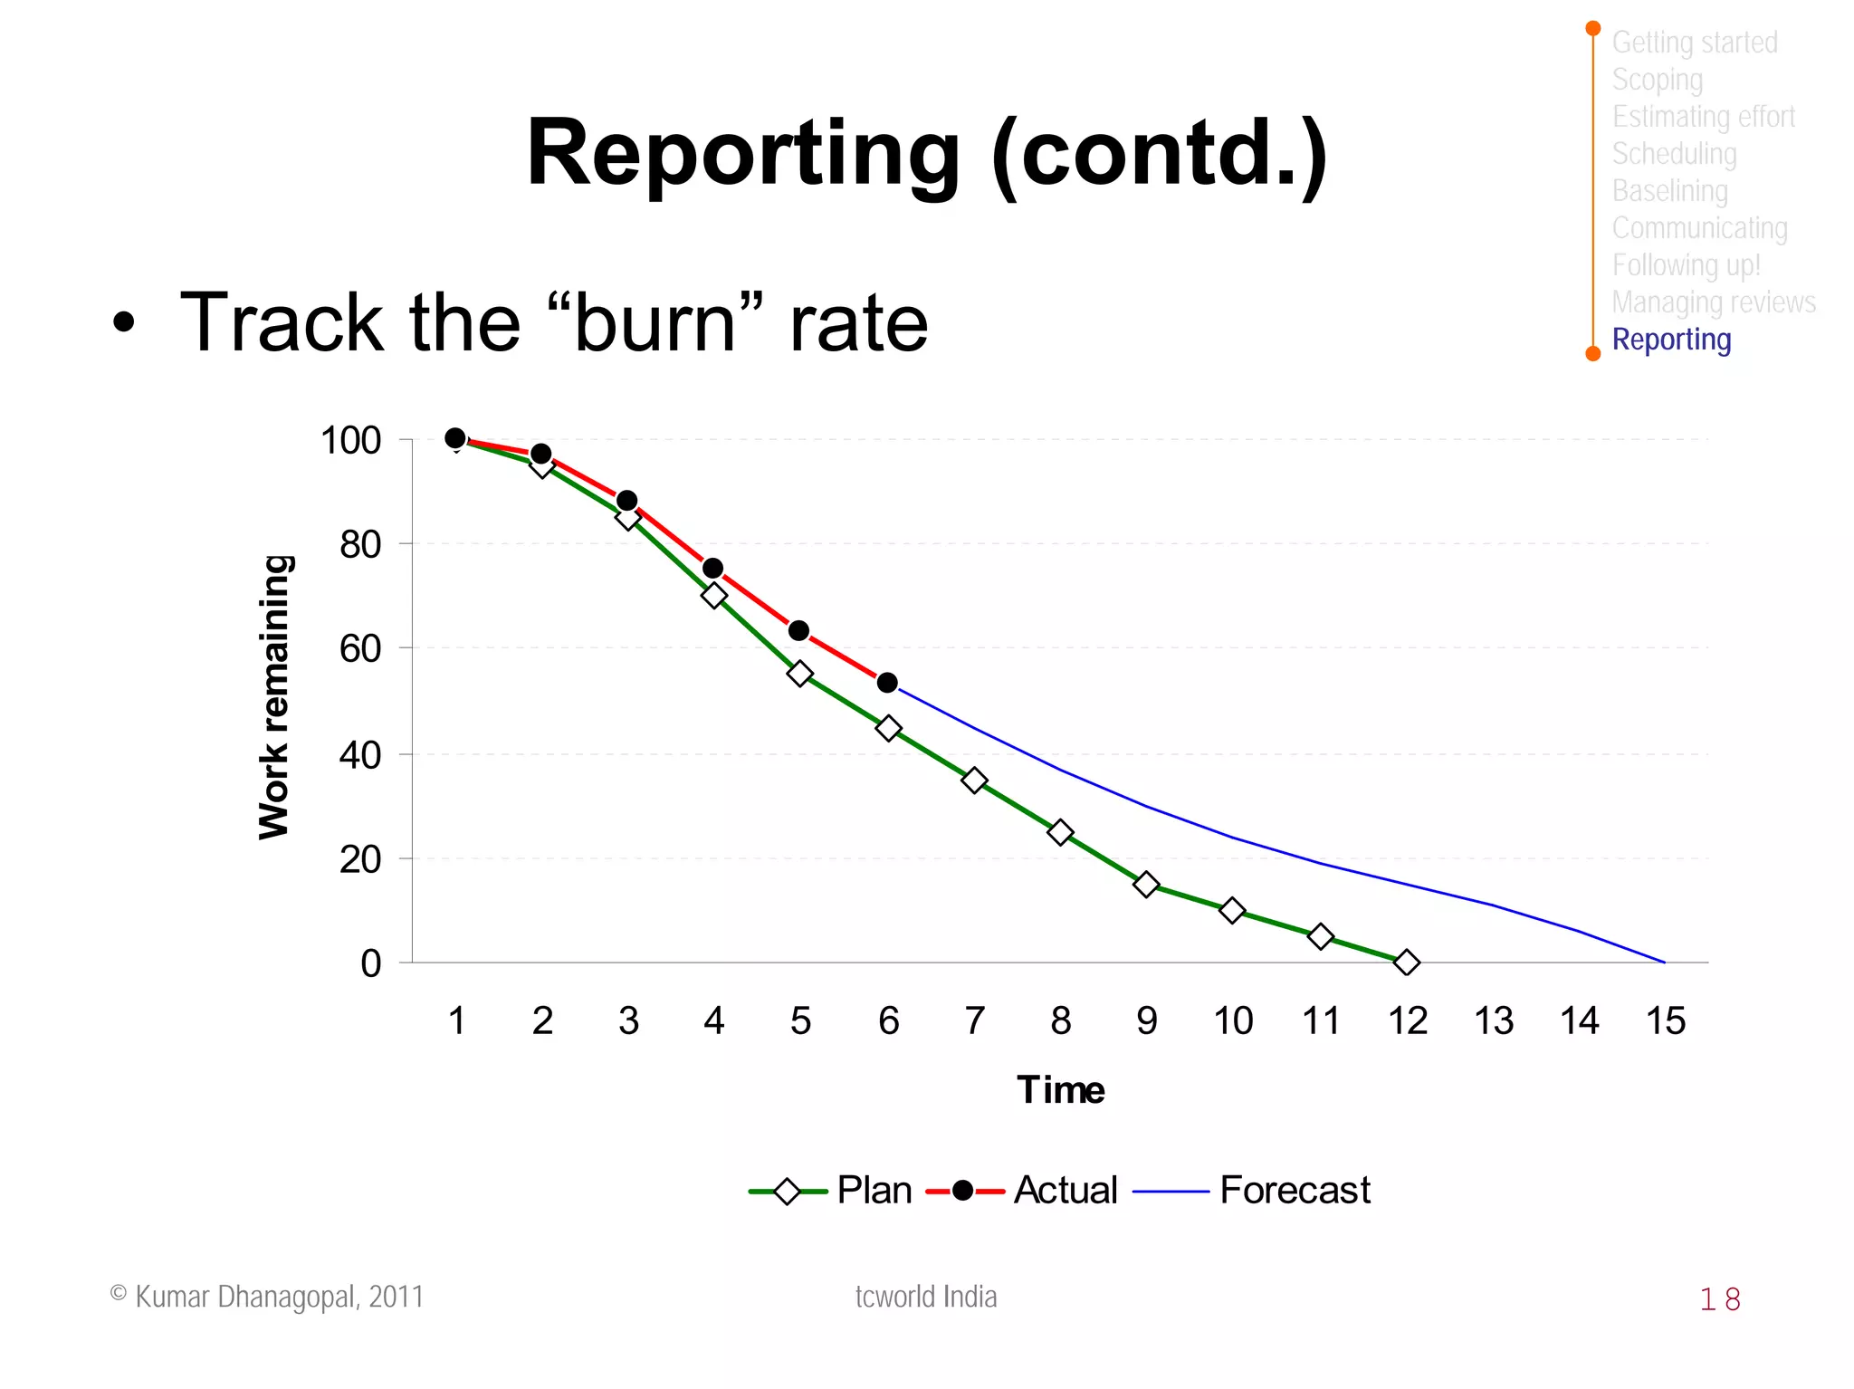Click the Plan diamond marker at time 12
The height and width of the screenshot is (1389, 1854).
click(x=1406, y=963)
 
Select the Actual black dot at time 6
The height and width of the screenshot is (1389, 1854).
click(x=887, y=683)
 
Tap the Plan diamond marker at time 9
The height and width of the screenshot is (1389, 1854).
click(x=1146, y=885)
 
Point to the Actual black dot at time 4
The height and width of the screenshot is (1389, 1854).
click(x=712, y=569)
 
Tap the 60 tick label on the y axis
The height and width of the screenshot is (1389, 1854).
click(x=360, y=649)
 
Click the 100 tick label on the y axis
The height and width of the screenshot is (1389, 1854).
click(x=350, y=441)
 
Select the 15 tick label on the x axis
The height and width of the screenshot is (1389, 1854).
click(x=1665, y=1021)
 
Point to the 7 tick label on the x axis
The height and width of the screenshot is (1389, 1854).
click(x=974, y=1021)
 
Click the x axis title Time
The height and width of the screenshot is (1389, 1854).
click(x=1060, y=1089)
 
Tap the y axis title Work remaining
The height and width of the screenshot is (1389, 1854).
click(x=273, y=697)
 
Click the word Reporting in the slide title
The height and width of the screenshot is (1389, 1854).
click(x=742, y=154)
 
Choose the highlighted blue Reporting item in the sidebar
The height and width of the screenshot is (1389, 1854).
click(x=1671, y=340)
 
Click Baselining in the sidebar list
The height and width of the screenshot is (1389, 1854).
click(x=1669, y=191)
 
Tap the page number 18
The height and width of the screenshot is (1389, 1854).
click(x=1719, y=1299)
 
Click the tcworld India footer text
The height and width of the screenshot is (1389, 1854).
click(x=925, y=1297)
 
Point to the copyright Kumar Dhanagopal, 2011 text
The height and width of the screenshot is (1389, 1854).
click(x=267, y=1297)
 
